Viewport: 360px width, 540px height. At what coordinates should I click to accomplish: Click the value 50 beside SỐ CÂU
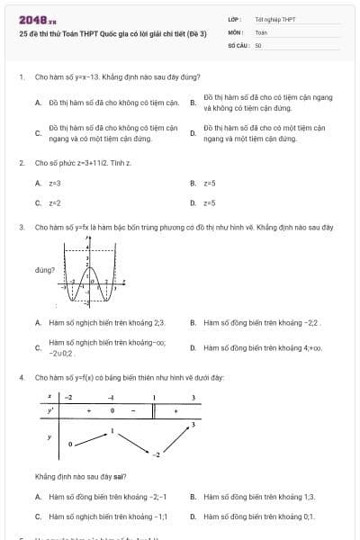[258, 43]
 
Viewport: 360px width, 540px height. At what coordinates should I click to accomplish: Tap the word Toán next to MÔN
[261, 31]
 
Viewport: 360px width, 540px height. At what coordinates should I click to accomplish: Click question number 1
[21, 77]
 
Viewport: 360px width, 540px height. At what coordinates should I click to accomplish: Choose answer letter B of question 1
[193, 102]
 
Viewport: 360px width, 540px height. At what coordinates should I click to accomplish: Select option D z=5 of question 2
[209, 202]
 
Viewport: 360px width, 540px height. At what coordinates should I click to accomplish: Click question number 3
[21, 228]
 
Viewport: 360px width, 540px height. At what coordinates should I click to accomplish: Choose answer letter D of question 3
[193, 347]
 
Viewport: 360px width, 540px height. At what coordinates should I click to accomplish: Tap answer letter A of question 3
[38, 322]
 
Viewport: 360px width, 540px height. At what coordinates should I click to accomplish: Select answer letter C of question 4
[38, 517]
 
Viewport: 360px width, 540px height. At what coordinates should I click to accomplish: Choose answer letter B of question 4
[193, 497]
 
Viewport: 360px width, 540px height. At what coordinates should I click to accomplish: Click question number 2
[21, 163]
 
